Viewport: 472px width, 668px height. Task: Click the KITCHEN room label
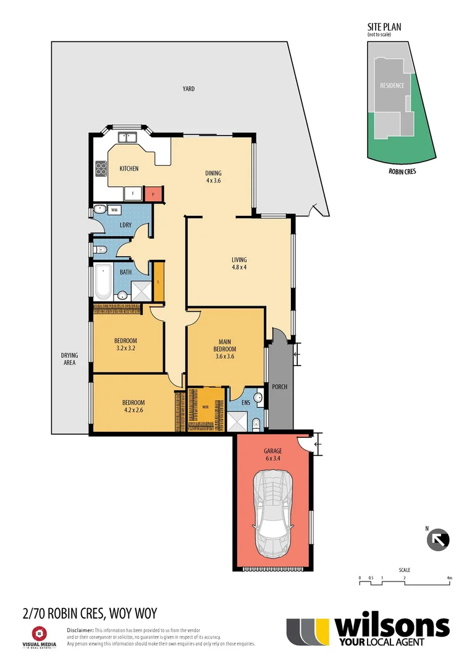click(129, 168)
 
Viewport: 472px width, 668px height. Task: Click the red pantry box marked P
click(153, 194)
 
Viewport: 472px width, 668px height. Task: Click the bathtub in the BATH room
click(102, 282)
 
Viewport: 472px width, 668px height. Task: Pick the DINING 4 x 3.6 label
click(213, 177)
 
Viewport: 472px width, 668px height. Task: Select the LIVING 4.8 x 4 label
click(239, 263)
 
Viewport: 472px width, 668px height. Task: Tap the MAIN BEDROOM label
click(225, 348)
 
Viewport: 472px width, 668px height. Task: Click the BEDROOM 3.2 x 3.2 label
click(125, 344)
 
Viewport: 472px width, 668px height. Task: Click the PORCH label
click(280, 387)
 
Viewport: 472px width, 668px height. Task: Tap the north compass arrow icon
click(439, 539)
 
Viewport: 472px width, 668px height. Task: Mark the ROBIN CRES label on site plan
click(402, 172)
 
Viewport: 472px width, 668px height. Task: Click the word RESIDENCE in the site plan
click(392, 85)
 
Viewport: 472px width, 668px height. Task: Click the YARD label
click(188, 89)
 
